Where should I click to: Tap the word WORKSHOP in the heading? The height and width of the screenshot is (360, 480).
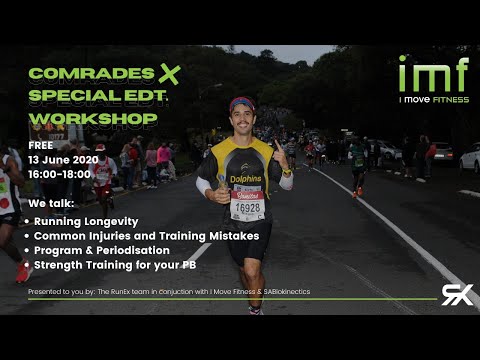(93, 118)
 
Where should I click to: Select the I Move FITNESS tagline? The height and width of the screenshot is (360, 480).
(433, 99)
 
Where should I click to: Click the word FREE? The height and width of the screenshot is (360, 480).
(39, 146)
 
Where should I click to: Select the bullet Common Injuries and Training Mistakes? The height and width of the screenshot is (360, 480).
(146, 236)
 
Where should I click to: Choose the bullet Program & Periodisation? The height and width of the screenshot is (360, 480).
(101, 250)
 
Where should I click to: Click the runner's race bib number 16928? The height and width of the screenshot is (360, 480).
(247, 210)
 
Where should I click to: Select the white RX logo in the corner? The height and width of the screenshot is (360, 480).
(457, 294)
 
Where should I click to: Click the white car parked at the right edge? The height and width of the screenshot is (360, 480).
(470, 158)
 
